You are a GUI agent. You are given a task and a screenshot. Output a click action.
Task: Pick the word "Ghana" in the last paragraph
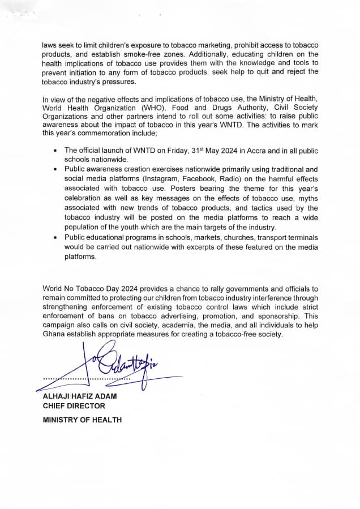pos(55,335)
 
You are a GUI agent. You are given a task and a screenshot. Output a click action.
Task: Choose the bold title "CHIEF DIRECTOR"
pos(74,406)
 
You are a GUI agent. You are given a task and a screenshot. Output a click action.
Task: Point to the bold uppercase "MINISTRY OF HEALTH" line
pos(82,420)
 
